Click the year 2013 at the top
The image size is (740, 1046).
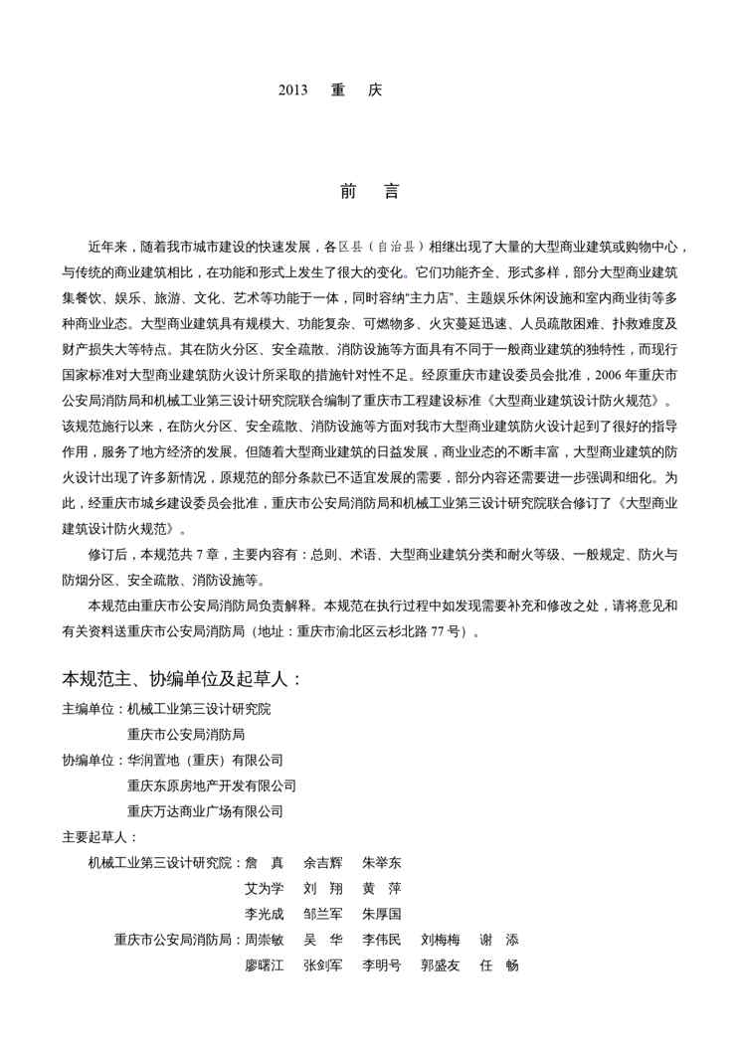coord(293,89)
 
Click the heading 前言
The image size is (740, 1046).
coord(369,192)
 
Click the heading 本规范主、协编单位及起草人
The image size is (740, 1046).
coord(182,679)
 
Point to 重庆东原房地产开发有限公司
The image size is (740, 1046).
coord(211,785)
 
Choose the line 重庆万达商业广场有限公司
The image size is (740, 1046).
coord(205,811)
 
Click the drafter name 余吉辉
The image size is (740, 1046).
coord(323,863)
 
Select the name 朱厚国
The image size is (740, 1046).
coord(382,914)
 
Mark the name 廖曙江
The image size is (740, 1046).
coord(265,965)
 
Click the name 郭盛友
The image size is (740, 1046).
coord(441,965)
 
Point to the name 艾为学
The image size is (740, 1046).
coord(265,888)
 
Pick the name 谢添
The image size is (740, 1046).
coord(499,940)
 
